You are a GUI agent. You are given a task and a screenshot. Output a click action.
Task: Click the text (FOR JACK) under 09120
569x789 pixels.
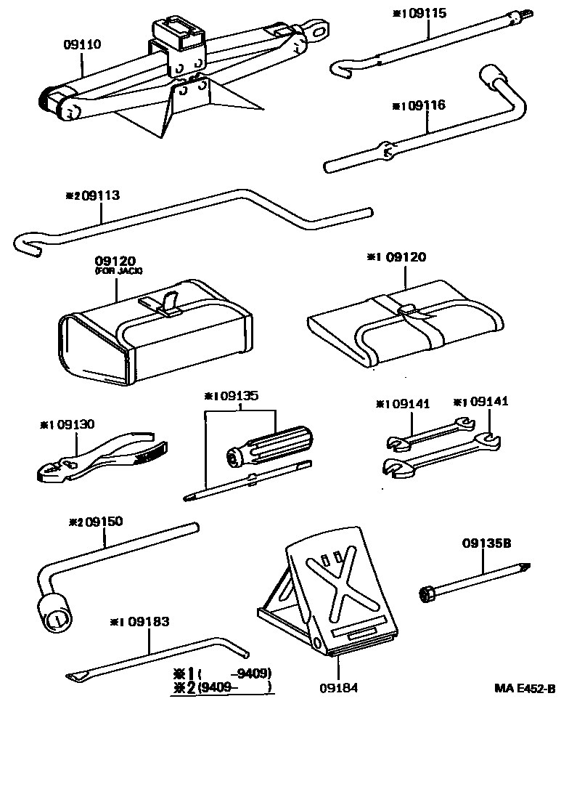119,271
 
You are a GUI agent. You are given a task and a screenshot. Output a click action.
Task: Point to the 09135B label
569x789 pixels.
486,543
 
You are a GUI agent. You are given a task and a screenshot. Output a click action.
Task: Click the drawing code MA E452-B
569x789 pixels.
525,688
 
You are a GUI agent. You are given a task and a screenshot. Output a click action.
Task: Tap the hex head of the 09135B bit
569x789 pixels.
427,595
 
